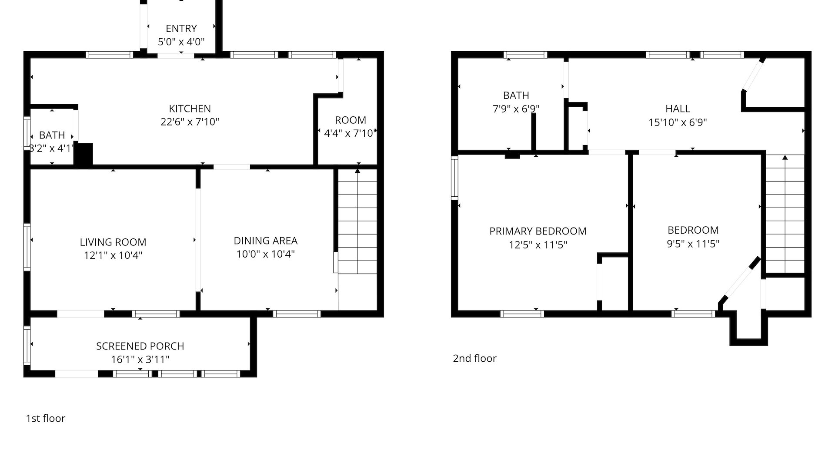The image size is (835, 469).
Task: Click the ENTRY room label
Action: (181, 29)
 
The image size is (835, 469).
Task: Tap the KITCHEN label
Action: (190, 109)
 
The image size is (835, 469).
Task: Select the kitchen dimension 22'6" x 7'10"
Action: (190, 122)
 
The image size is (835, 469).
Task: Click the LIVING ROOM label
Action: (113, 242)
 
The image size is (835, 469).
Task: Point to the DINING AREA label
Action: (265, 241)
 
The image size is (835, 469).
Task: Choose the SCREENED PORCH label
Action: (140, 346)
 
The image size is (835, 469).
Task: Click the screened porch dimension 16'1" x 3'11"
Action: (140, 360)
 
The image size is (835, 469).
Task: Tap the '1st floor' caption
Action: (46, 418)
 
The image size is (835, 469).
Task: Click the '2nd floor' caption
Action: (474, 358)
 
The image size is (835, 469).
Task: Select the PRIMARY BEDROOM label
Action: (538, 231)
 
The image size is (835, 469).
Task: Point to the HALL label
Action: (678, 109)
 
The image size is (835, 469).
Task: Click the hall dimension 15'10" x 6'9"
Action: (678, 122)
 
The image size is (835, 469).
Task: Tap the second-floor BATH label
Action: (516, 95)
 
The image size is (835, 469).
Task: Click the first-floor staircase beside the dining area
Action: (357, 221)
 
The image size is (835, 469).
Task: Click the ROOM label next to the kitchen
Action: (351, 120)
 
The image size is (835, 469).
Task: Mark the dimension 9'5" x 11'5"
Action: (693, 244)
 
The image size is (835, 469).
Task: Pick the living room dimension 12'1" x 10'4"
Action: (113, 255)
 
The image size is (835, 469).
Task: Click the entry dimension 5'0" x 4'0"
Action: (181, 42)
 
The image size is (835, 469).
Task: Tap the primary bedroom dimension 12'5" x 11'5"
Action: (538, 245)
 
